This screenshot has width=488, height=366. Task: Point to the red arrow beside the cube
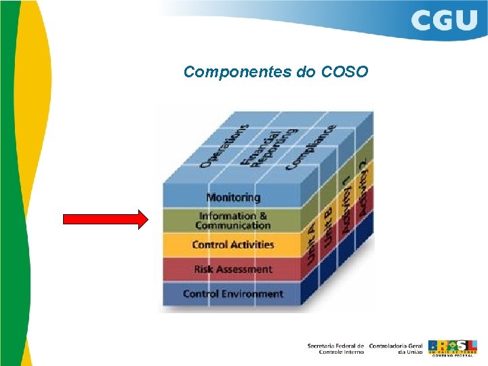[105, 220]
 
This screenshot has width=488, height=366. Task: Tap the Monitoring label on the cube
[233, 197]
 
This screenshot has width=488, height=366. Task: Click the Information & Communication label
[232, 220]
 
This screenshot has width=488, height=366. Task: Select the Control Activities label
[232, 245]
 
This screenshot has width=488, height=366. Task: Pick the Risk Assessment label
[232, 269]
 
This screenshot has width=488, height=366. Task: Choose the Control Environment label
[232, 294]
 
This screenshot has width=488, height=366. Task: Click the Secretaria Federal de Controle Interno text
[336, 348]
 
